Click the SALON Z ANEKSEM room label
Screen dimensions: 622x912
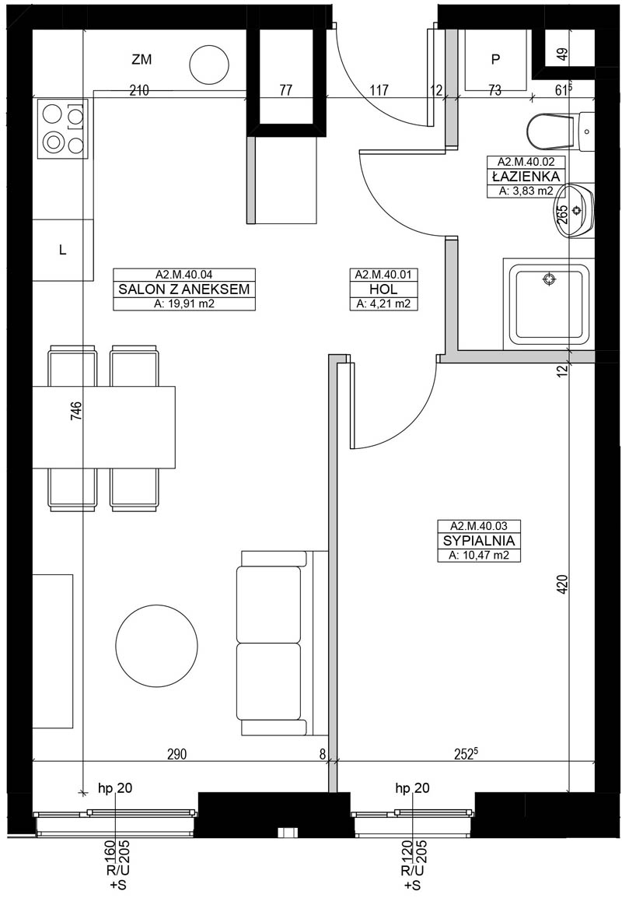(184, 289)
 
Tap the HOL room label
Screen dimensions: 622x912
(383, 289)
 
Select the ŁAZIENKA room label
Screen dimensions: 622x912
(526, 176)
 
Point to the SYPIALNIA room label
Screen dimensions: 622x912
(478, 541)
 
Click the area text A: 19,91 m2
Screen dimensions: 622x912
(184, 303)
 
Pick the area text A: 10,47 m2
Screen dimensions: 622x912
(478, 555)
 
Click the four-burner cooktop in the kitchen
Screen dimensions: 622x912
(63, 128)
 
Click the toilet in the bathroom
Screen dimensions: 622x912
(561, 131)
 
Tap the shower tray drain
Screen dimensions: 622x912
(548, 280)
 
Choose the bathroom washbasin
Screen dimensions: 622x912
(575, 209)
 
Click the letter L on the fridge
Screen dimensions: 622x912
(63, 251)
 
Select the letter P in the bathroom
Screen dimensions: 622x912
(495, 59)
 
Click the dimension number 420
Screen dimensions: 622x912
(561, 584)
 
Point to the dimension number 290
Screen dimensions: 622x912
(176, 754)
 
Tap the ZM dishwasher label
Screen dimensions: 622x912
(142, 59)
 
